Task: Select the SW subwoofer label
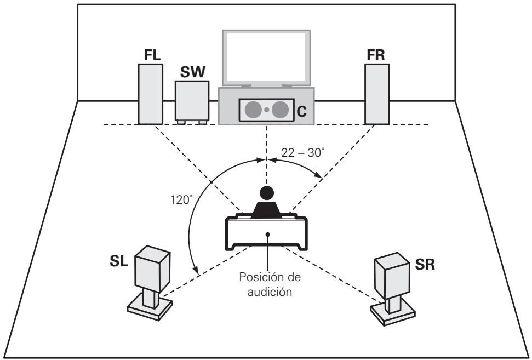(192, 72)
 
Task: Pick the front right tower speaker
(377, 94)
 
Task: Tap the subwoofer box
(192, 100)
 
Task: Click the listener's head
(266, 193)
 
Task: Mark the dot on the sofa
(267, 234)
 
